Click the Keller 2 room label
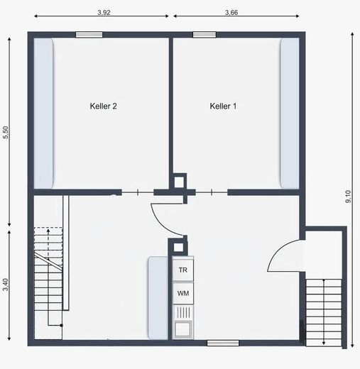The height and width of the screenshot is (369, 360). [104, 106]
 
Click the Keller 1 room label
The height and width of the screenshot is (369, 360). [223, 106]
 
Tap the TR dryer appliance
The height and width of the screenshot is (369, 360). [183, 270]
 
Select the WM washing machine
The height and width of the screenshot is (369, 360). [183, 293]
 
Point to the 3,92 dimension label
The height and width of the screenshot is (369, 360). [104, 12]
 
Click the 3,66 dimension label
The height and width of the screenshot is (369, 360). [231, 12]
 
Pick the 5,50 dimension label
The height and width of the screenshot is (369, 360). [6, 133]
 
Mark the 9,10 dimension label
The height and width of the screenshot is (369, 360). [348, 197]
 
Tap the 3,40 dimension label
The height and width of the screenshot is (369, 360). [6, 285]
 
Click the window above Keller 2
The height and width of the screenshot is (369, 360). [89, 35]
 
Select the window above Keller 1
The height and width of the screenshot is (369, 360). [204, 35]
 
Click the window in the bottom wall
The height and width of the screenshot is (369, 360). [223, 343]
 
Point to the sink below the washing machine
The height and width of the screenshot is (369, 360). [183, 321]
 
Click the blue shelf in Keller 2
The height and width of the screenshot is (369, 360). [43, 114]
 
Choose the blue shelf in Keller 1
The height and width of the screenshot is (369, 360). [290, 114]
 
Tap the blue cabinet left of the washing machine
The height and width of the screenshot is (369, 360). [158, 298]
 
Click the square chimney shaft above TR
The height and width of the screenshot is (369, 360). [179, 247]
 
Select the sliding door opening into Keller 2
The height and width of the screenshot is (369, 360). [138, 192]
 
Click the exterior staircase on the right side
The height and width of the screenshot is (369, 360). [324, 313]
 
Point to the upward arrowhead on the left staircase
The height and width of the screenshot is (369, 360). [48, 231]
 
